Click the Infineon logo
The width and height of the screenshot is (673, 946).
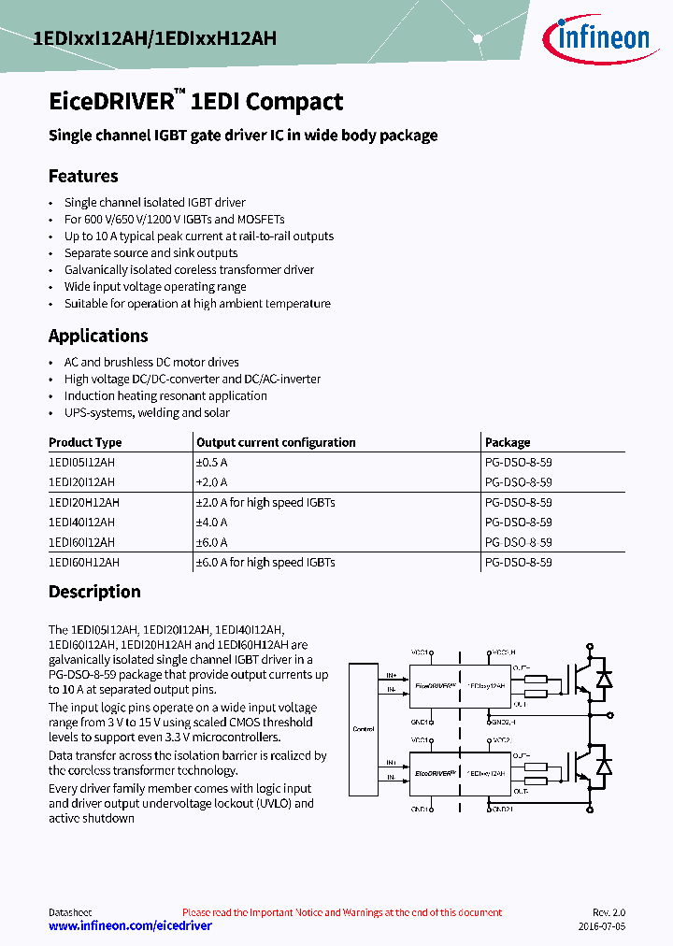(596, 38)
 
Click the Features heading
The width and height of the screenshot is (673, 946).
(83, 176)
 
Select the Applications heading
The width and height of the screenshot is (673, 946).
(98, 336)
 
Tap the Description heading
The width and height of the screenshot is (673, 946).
(94, 592)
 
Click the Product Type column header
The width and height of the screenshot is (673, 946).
(85, 442)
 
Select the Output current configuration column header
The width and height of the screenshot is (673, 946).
(276, 442)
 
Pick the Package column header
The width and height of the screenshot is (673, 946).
(508, 442)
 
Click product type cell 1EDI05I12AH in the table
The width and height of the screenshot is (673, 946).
(82, 462)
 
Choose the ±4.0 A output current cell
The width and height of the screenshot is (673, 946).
(212, 523)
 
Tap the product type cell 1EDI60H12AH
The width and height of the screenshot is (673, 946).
(84, 563)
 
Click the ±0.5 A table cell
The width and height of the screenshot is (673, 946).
(212, 462)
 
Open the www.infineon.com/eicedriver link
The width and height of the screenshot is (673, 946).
(130, 925)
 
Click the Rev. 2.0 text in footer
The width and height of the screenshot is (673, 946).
(608, 912)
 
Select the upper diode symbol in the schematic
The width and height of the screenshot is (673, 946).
(604, 678)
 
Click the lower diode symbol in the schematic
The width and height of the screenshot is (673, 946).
(604, 767)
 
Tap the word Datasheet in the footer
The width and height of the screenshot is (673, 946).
(70, 912)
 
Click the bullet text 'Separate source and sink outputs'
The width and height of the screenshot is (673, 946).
(150, 252)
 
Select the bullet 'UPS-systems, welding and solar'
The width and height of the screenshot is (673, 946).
(147, 412)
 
